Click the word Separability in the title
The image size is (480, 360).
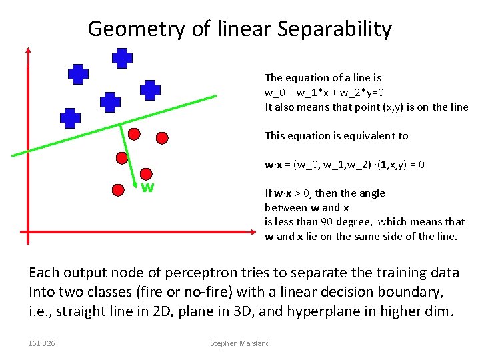click(x=335, y=29)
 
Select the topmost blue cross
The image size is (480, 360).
click(x=122, y=59)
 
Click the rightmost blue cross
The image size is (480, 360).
click(x=151, y=90)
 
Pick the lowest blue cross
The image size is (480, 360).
click(x=70, y=118)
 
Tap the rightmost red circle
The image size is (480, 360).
click(x=161, y=138)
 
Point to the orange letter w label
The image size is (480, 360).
click(x=147, y=187)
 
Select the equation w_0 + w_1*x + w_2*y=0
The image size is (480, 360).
click(x=324, y=92)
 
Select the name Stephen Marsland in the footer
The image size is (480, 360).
click(x=240, y=343)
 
